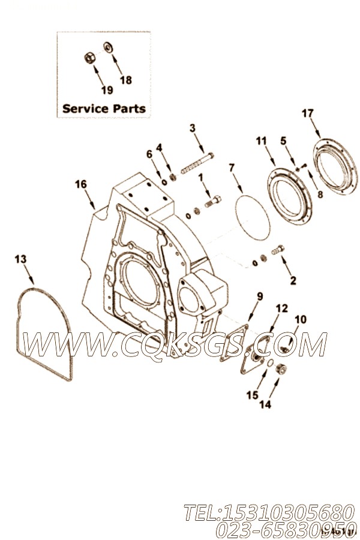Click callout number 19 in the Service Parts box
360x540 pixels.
pyautogui.click(x=106, y=90)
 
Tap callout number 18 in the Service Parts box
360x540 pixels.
pyautogui.click(x=125, y=80)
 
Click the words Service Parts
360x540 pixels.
pyautogui.click(x=104, y=109)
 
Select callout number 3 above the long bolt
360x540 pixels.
pyautogui.click(x=192, y=128)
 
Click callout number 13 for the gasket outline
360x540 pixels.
pyautogui.click(x=20, y=259)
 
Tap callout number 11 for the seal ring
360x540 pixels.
pyautogui.click(x=260, y=141)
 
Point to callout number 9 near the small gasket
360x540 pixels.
pyautogui.click(x=260, y=296)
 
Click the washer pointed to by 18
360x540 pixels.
pyautogui.click(x=109, y=47)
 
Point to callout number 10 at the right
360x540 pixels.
pyautogui.click(x=300, y=319)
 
